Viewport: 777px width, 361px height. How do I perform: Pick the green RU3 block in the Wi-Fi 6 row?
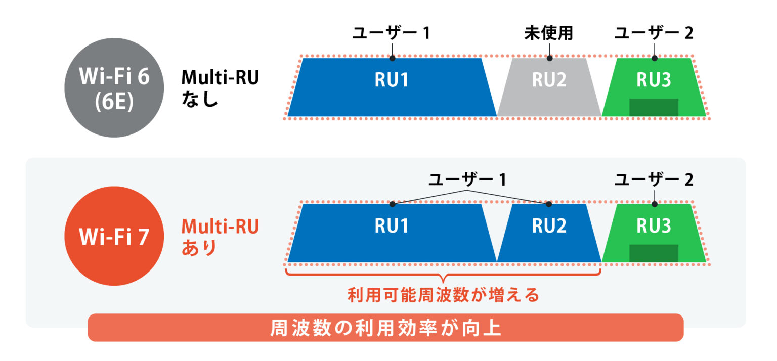pos(654,81)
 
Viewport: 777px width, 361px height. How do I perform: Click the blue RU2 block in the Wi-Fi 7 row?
pos(549,233)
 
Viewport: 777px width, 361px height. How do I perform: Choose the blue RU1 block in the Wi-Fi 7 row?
pos(391,233)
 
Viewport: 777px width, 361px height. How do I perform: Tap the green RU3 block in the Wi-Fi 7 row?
pos(654,227)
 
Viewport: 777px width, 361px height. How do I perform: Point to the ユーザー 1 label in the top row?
pos(391,34)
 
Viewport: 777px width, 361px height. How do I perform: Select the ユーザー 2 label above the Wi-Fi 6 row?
pos(654,34)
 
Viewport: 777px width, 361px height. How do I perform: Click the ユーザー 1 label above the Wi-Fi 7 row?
pos(467,179)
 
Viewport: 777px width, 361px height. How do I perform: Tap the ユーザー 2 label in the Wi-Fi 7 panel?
pos(654,179)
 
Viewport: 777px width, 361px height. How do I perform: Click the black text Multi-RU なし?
pos(220,87)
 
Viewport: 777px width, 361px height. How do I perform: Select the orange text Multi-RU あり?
pos(220,236)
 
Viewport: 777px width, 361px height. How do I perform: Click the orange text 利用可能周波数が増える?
pos(443,295)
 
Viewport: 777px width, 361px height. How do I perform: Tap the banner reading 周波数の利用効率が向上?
pos(385,328)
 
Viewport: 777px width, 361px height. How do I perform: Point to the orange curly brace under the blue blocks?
pos(443,276)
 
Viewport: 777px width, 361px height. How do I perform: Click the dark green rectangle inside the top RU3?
pos(654,107)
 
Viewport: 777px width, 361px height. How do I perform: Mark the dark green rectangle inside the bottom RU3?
pos(654,253)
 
